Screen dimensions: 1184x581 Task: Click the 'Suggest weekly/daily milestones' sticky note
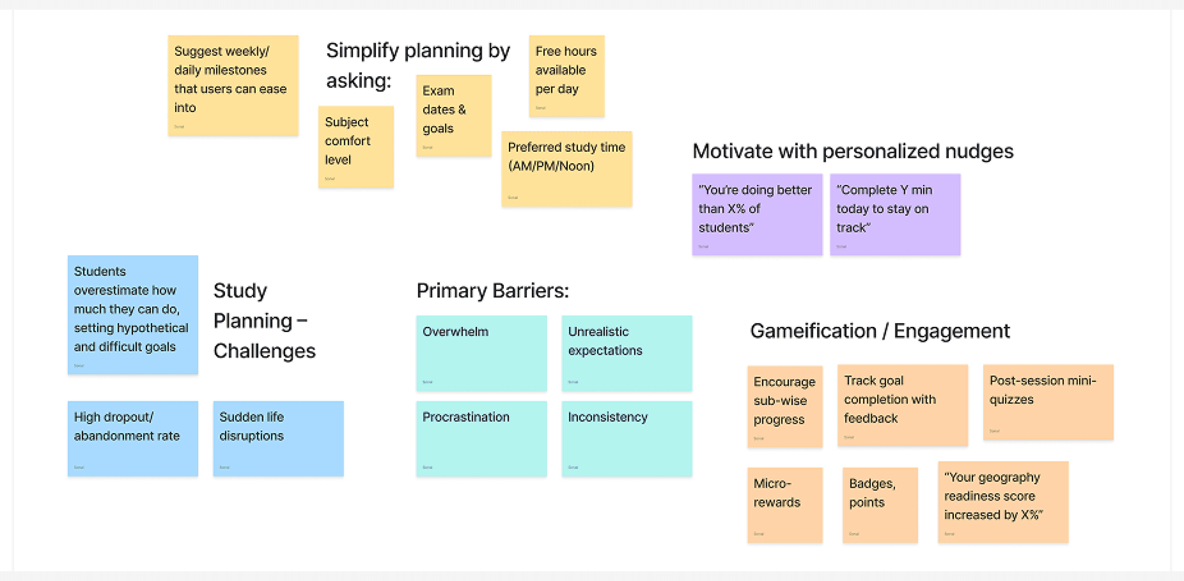point(233,85)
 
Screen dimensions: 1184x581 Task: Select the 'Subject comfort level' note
point(356,147)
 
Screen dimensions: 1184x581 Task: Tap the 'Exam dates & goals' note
point(453,115)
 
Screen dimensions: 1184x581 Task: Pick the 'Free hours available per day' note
point(566,76)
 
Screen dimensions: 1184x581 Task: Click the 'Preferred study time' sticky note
point(566,169)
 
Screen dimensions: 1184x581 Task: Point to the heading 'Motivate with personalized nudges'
point(853,151)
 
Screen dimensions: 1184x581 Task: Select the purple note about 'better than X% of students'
point(757,214)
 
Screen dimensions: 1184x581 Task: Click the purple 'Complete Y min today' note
point(895,214)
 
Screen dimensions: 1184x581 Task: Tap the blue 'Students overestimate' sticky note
point(133,314)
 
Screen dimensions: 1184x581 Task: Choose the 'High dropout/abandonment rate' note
point(133,438)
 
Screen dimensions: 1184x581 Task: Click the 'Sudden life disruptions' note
point(278,438)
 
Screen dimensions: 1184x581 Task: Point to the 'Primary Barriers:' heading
point(493,290)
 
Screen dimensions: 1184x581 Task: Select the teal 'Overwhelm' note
point(481,353)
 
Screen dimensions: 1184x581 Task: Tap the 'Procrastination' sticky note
point(481,438)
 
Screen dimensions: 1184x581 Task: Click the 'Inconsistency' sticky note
point(627,438)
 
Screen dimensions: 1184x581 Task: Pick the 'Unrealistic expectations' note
point(627,353)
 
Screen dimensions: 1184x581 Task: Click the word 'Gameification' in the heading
point(813,331)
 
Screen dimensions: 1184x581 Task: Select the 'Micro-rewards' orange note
point(784,504)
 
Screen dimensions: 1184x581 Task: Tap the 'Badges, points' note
point(880,504)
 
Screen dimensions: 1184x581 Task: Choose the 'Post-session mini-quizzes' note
point(1048,402)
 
